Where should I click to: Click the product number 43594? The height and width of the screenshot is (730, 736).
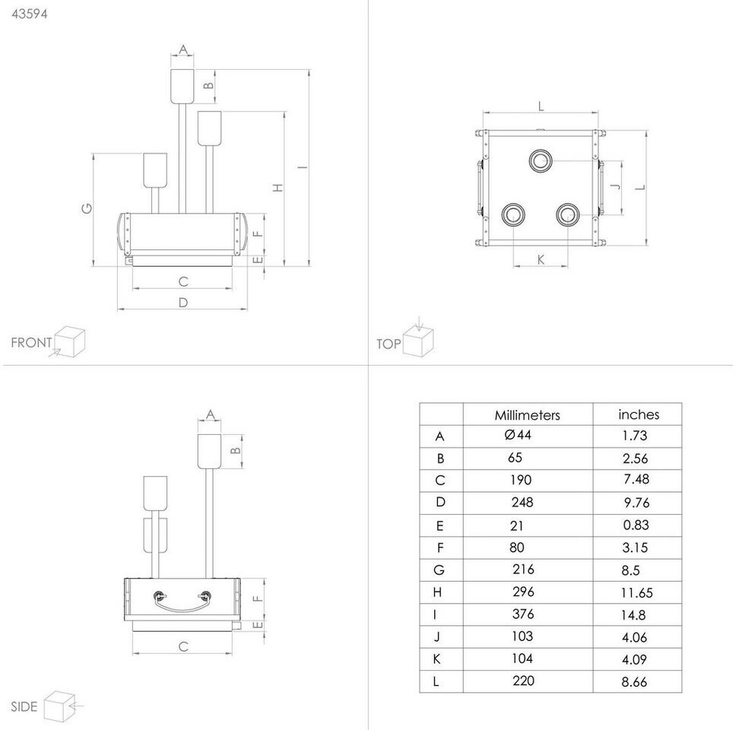(29, 14)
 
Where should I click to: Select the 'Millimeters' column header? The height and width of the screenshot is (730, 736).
(527, 415)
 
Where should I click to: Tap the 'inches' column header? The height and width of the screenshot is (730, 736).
(639, 414)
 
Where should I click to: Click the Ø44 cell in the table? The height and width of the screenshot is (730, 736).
(518, 435)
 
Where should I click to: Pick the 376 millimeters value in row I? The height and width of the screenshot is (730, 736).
(523, 614)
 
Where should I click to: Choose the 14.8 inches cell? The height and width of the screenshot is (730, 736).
(633, 615)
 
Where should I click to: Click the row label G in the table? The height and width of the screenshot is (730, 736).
(439, 570)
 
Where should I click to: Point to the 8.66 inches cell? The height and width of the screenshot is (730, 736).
(634, 681)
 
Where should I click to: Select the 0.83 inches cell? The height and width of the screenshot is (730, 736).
(636, 525)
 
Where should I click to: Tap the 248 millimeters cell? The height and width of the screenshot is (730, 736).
(522, 503)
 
